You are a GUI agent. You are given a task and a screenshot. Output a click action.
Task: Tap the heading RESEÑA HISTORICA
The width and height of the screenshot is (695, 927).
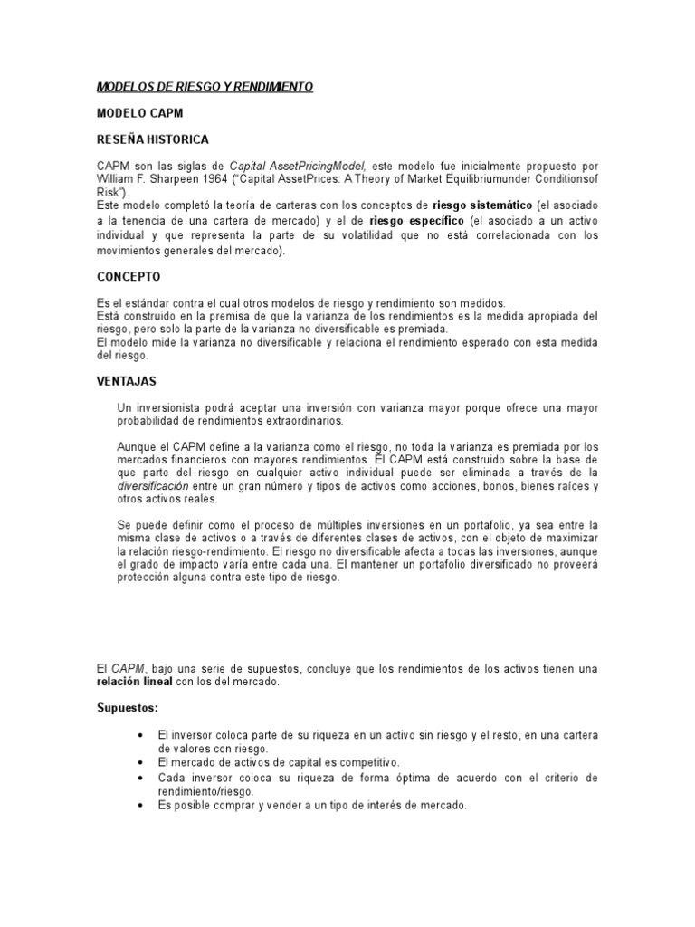153,139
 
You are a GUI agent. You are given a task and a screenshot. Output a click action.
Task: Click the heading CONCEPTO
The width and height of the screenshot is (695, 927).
129,276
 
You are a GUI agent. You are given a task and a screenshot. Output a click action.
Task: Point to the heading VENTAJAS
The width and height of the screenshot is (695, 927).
128,382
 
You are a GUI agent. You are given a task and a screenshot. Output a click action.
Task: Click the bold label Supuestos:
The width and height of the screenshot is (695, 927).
128,707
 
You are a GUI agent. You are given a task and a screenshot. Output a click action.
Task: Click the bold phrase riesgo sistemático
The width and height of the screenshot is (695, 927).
482,205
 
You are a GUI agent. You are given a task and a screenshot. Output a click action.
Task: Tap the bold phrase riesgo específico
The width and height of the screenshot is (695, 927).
417,221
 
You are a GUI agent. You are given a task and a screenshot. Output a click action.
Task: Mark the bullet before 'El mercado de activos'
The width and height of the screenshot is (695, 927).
140,763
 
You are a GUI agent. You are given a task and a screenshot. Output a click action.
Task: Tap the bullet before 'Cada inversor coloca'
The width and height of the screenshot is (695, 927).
140,778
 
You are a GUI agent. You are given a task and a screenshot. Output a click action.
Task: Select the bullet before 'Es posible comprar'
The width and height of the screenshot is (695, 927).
140,806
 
